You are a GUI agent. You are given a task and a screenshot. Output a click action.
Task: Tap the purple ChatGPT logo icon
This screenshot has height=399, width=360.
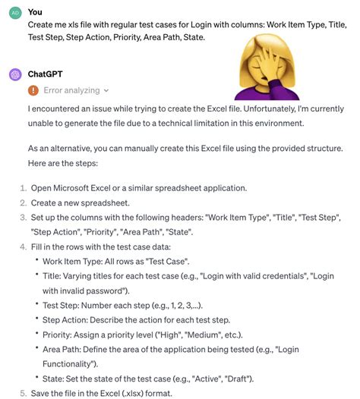coord(14,74)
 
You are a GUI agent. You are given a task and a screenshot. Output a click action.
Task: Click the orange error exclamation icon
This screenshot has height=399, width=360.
coord(33,90)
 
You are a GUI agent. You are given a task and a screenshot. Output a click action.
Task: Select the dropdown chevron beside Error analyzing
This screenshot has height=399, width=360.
coord(106,90)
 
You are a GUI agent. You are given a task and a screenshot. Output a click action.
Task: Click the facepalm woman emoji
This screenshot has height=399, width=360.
coord(262,71)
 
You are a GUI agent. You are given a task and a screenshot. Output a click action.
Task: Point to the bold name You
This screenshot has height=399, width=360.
coord(35,12)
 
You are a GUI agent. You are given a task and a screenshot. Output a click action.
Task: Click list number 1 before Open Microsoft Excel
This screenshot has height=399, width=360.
coord(23,187)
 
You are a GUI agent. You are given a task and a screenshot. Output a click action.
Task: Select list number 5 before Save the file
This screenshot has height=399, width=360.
coord(23,392)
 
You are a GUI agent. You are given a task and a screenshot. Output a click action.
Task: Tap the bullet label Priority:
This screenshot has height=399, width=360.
coord(62,334)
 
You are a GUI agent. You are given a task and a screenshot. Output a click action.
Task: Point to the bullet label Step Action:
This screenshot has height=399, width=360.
coord(71,319)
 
